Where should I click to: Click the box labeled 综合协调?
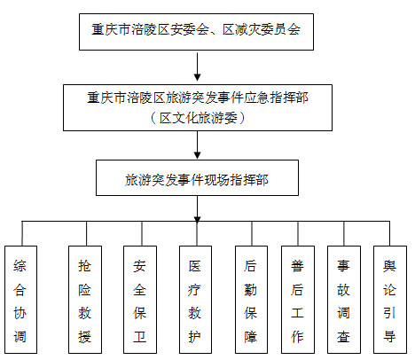click(21, 300)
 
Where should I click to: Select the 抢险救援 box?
click(85, 300)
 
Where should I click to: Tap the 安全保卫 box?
click(140, 300)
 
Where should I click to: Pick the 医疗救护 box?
click(195, 300)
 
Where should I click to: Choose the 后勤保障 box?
click(251, 300)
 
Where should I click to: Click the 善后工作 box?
click(298, 300)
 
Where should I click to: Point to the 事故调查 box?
click(344, 300)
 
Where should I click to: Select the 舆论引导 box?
click(390, 300)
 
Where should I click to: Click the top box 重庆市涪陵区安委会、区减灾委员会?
click(196, 32)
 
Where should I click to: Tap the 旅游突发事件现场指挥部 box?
click(197, 178)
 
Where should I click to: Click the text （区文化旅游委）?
click(198, 118)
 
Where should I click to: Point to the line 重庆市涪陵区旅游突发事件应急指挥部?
click(198, 98)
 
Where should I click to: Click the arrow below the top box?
click(198, 67)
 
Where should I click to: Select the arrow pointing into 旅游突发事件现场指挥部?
click(198, 145)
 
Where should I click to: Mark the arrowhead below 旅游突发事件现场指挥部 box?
click(198, 220)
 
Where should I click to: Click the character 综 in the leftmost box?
click(20, 265)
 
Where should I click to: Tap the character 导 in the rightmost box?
click(389, 336)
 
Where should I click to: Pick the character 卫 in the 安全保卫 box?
click(139, 336)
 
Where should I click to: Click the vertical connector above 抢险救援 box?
click(86, 233)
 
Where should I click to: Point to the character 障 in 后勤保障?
click(251, 336)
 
